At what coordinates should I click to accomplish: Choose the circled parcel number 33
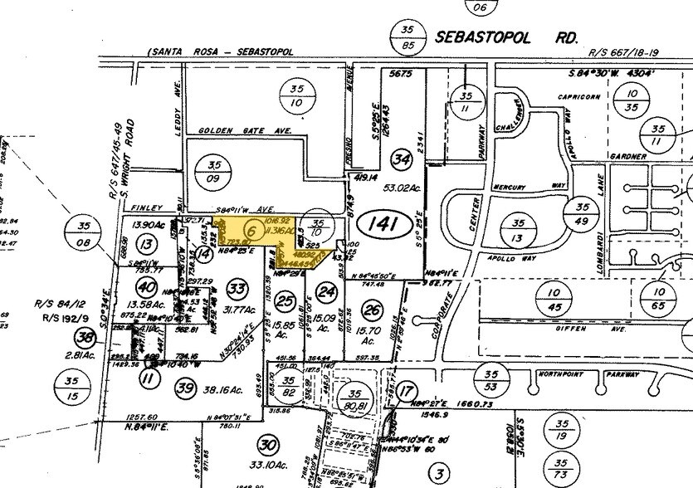237,288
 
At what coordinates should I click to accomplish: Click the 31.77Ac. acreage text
237,311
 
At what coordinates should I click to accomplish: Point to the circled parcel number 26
372,311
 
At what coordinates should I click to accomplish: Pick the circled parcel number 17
405,391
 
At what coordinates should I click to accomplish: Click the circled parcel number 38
84,336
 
